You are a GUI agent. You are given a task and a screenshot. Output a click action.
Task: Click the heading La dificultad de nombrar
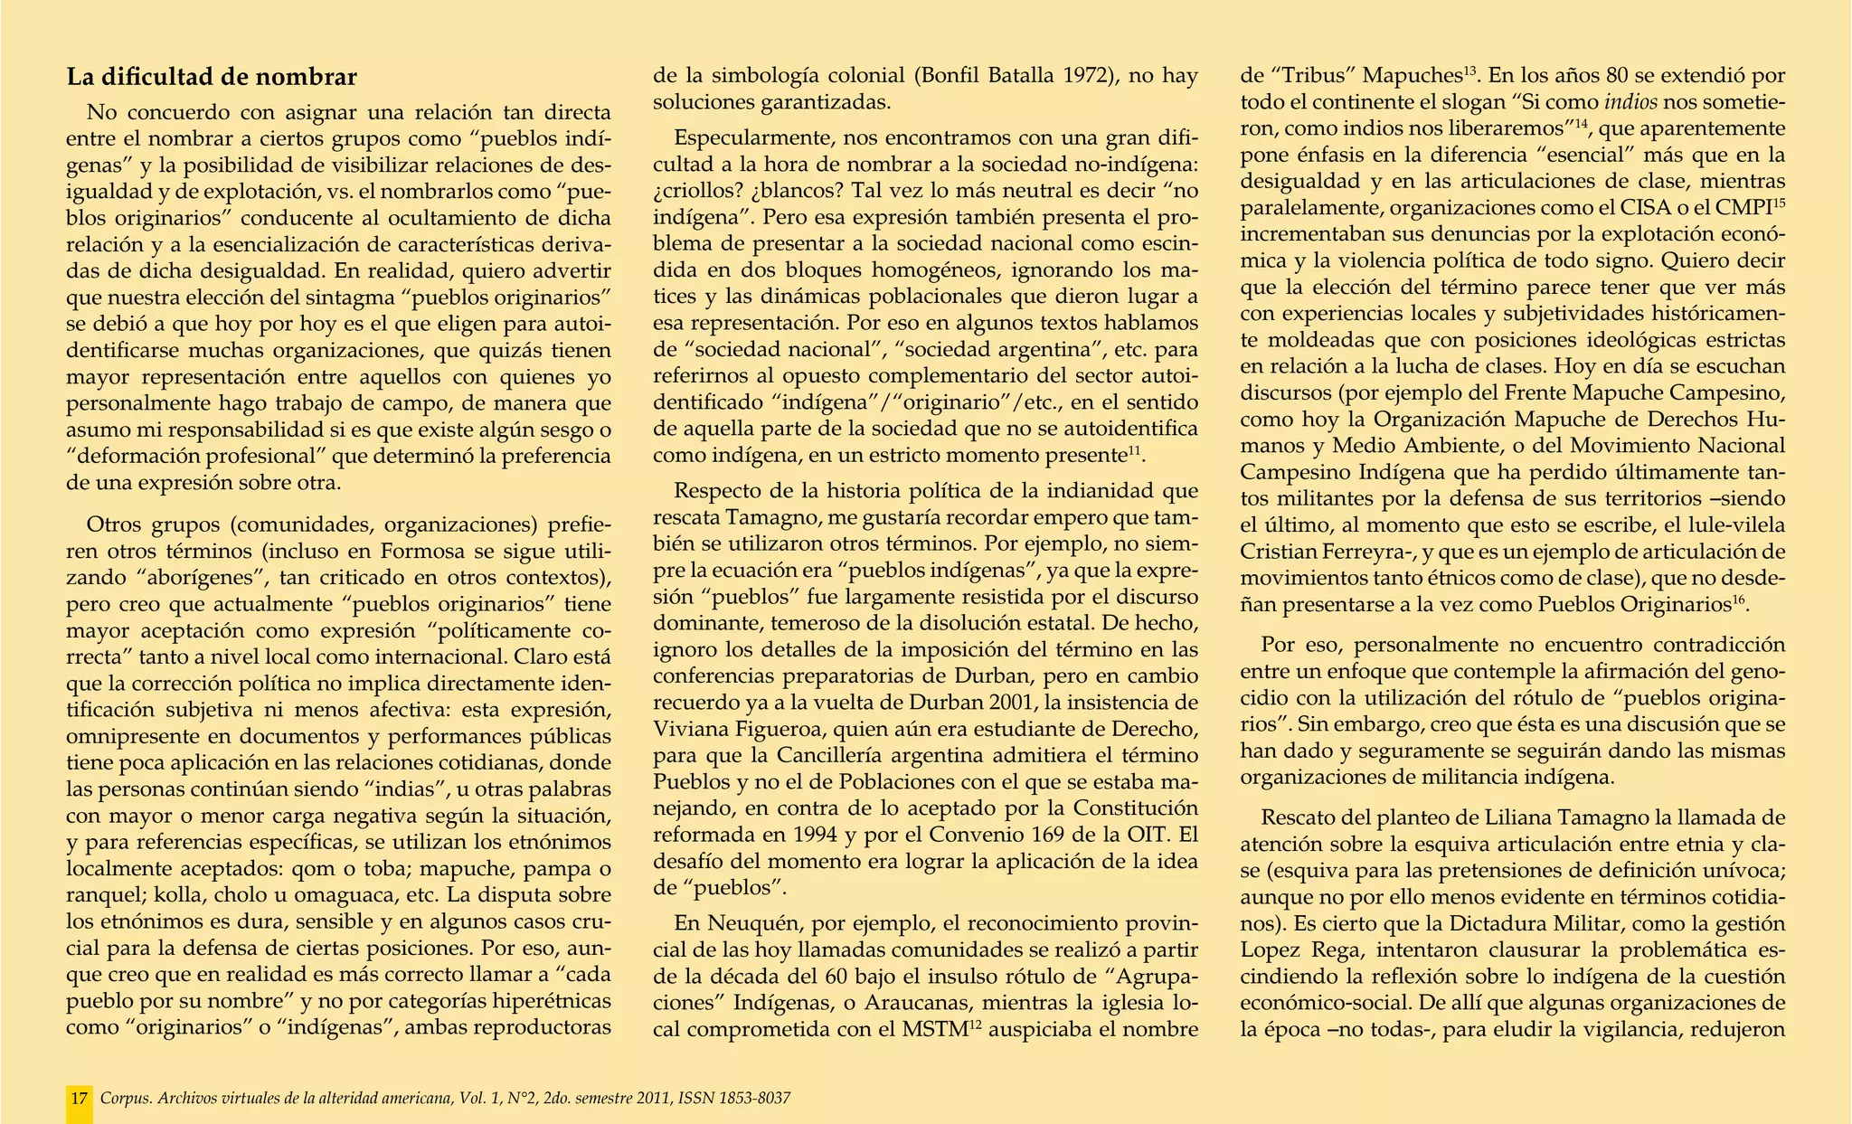pyautogui.click(x=212, y=78)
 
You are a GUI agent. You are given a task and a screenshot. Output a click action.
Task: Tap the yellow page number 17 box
pyautogui.click(x=80, y=1099)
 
